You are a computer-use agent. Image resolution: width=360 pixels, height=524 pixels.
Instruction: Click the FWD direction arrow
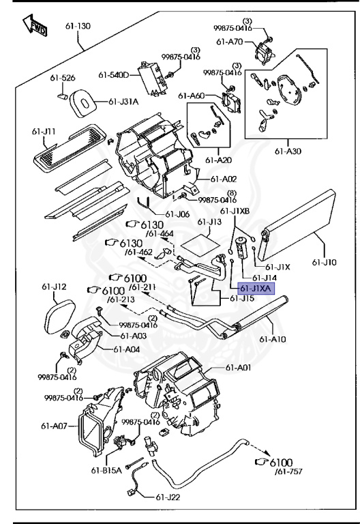point(34,25)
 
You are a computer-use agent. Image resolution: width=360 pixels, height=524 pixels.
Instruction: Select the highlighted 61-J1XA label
point(256,288)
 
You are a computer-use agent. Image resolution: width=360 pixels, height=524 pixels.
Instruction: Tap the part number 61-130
point(78,26)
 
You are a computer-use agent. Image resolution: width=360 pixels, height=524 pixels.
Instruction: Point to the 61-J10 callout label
point(325,262)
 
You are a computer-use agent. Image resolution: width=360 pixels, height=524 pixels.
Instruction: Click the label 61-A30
point(288,151)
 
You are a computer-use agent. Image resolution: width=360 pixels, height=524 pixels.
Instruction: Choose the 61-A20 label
point(218,160)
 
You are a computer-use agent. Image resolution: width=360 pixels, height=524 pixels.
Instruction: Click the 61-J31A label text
point(123,102)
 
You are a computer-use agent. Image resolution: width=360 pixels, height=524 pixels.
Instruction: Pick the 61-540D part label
point(113,75)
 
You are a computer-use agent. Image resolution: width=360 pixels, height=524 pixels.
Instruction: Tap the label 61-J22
point(168,497)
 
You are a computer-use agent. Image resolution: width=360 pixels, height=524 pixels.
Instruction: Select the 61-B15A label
point(106,470)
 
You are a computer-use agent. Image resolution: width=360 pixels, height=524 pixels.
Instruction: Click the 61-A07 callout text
point(54,426)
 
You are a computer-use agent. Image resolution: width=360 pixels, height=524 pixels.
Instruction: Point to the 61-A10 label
point(273,339)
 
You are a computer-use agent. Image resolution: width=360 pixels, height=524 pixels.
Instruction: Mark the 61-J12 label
point(54,287)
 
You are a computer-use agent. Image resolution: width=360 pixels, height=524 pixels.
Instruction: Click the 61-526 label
point(63,78)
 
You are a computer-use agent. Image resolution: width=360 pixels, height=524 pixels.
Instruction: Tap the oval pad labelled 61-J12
point(59,317)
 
